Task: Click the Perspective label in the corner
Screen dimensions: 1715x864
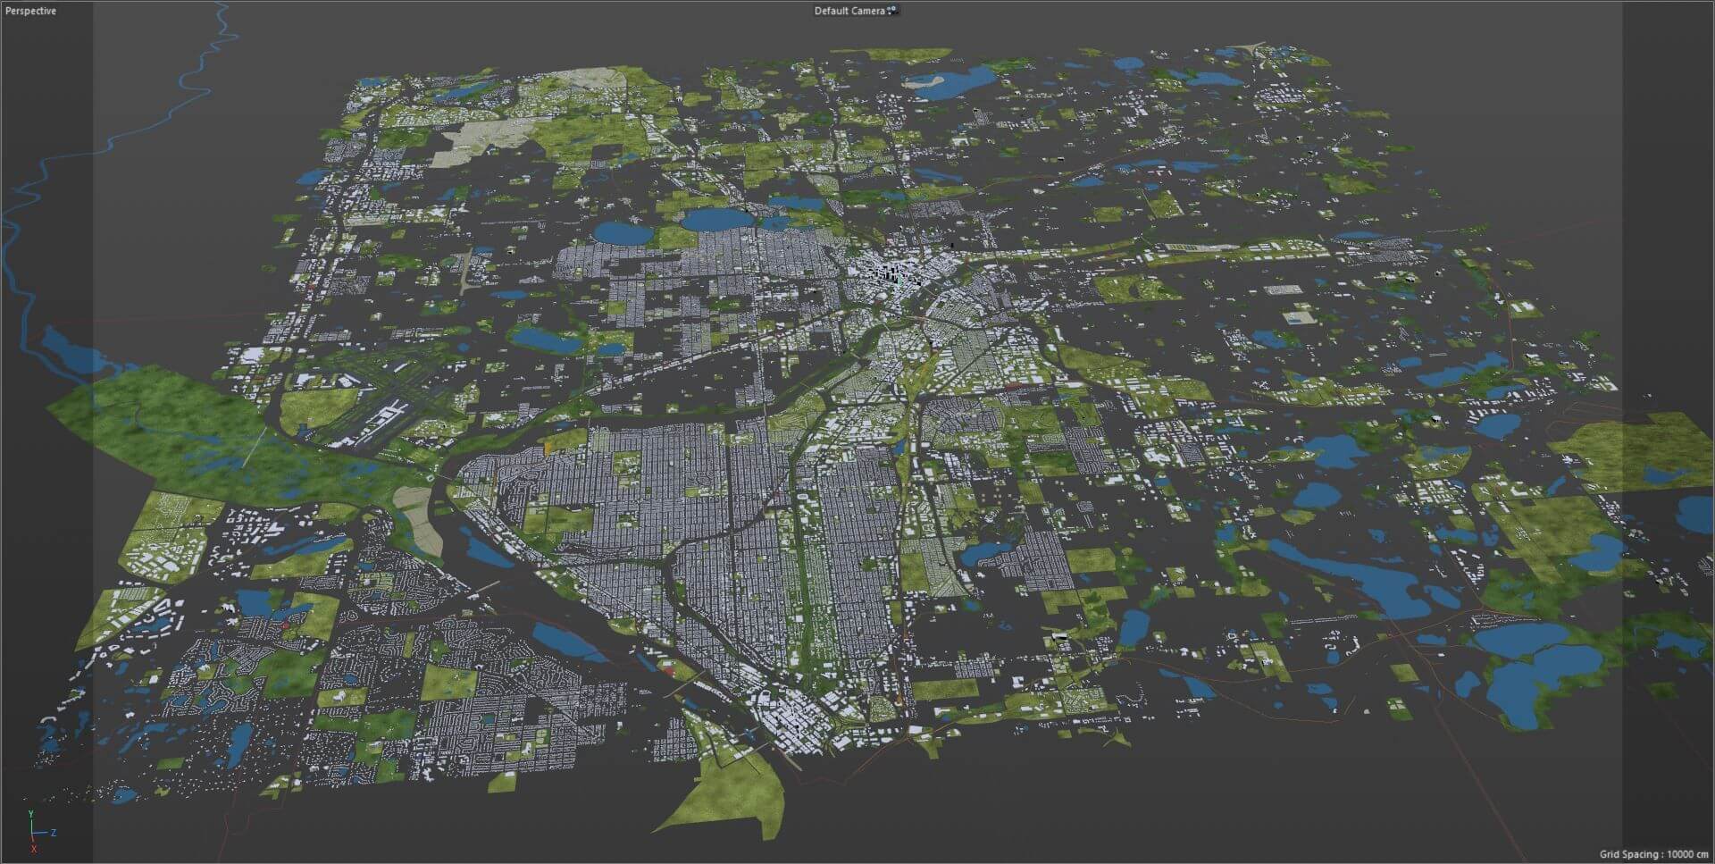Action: (30, 11)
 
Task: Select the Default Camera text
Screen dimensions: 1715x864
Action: (849, 11)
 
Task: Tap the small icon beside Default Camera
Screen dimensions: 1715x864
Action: (891, 11)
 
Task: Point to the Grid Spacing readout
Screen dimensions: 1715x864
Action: (1653, 855)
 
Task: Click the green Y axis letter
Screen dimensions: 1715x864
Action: (30, 814)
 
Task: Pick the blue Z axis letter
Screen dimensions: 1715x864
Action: (54, 832)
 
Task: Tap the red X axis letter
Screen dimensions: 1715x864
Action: (33, 849)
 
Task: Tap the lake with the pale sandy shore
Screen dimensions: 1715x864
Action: (942, 83)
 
